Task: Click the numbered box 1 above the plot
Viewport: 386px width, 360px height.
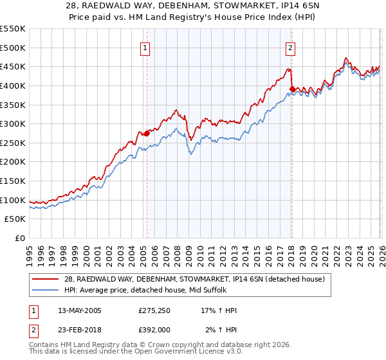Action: [x=146, y=48]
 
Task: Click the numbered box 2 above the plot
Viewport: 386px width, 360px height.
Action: [x=291, y=48]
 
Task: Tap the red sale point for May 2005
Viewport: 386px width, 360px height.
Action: [x=147, y=133]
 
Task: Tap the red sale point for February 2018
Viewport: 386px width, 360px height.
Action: [x=292, y=89]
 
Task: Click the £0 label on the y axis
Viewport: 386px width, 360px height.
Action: [x=19, y=238]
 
